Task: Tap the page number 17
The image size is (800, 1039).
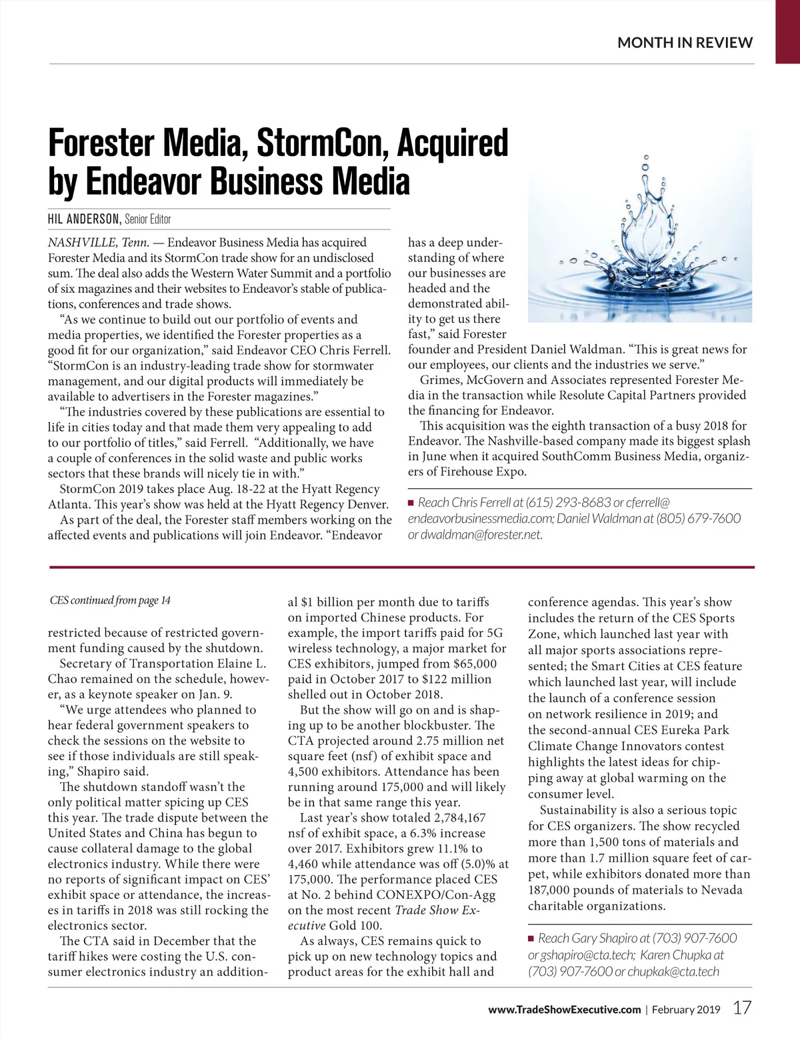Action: pos(743,1008)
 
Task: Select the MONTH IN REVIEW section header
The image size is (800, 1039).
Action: pos(685,43)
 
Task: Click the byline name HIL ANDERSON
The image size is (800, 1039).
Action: pos(84,219)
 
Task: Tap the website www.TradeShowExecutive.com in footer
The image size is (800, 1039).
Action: pos(564,1009)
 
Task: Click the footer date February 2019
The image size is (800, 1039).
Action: pos(686,1009)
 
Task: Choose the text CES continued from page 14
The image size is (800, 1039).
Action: pos(110,600)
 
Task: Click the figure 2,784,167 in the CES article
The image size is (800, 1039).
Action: pos(459,818)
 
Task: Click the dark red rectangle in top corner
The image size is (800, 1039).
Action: pos(787,31)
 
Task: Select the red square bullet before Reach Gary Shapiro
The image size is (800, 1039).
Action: pos(531,938)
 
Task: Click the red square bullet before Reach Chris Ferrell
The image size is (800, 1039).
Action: pos(411,502)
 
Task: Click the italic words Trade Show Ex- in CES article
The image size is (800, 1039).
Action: pos(437,910)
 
